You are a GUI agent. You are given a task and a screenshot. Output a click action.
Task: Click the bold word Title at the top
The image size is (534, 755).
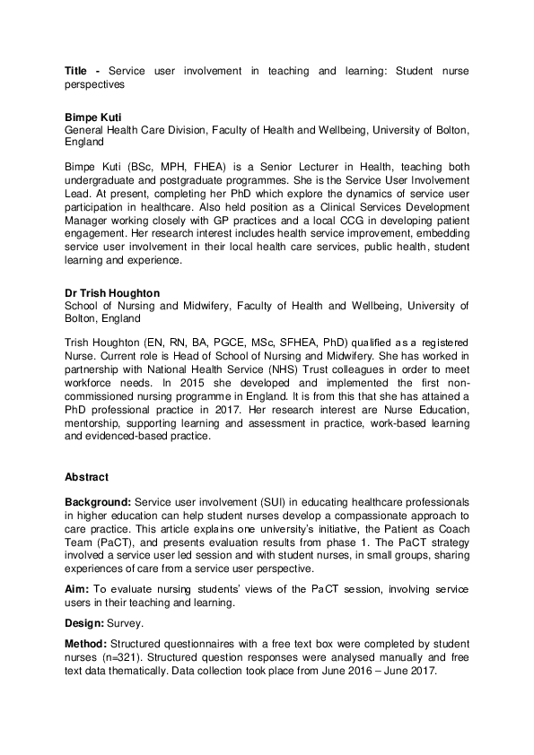(77, 71)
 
